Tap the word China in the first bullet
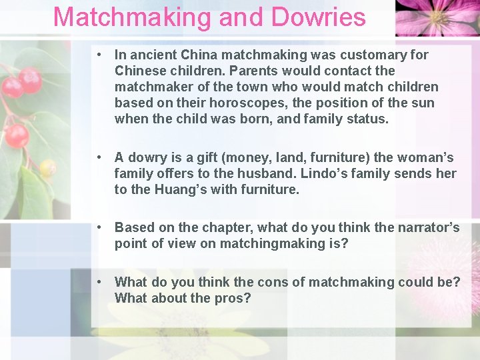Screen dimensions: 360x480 click(x=203, y=55)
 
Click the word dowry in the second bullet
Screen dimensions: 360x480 click(x=147, y=158)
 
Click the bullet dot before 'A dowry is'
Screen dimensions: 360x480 click(x=98, y=158)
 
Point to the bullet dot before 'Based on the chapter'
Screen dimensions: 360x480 click(x=98, y=227)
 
